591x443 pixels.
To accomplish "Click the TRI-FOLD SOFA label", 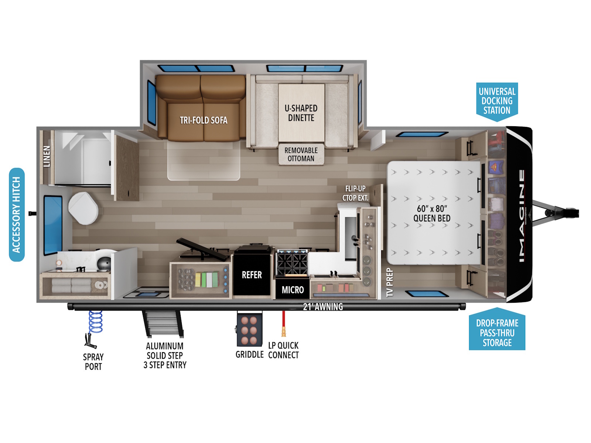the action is point(204,120).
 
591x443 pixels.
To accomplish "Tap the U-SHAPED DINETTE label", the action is point(301,113).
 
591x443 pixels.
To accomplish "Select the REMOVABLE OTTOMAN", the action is point(301,154).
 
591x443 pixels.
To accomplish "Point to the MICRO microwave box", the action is point(293,289).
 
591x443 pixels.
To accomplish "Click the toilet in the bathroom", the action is point(83,208).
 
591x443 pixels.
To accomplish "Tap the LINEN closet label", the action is point(47,156).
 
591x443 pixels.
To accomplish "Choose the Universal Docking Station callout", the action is point(497,102).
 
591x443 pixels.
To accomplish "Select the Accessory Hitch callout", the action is point(17,214).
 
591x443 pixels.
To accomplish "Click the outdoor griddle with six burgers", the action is point(249,330).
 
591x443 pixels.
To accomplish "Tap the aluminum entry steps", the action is point(163,324).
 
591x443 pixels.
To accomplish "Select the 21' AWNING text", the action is point(323,307).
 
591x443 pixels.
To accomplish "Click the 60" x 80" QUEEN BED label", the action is point(432,214).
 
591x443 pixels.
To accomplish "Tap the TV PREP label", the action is point(390,282).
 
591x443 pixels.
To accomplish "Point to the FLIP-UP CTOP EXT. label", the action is point(355,193).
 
